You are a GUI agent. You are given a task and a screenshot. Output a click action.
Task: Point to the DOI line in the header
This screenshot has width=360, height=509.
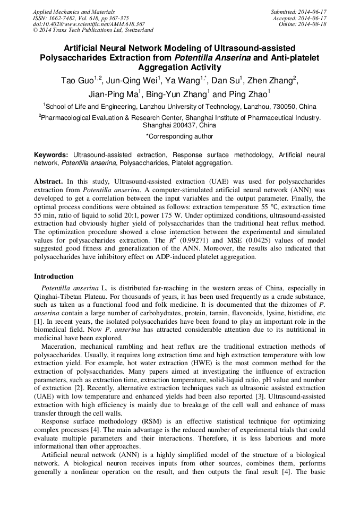tap(89, 24)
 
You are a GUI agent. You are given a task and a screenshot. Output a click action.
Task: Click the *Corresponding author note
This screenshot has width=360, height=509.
tap(179, 137)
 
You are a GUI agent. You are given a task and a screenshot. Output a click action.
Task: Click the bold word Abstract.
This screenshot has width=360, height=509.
tap(48, 181)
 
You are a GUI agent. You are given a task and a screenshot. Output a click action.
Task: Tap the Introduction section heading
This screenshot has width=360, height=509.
tap(54, 277)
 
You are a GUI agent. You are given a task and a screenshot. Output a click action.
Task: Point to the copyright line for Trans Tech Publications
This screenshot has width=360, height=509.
tap(93, 30)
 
